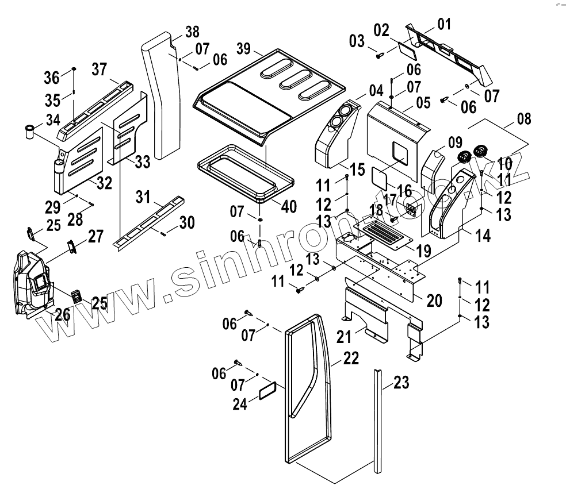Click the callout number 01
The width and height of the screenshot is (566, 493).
pyautogui.click(x=444, y=24)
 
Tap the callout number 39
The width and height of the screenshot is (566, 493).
pyautogui.click(x=244, y=49)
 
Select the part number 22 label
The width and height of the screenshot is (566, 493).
pyautogui.click(x=351, y=359)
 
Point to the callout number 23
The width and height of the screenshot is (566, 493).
pyautogui.click(x=401, y=382)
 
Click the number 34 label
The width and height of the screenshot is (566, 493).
pyautogui.click(x=52, y=121)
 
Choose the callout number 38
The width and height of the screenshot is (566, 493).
pyautogui.click(x=192, y=31)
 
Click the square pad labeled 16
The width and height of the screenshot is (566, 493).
pyautogui.click(x=377, y=176)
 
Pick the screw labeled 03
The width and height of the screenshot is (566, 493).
pyautogui.click(x=380, y=55)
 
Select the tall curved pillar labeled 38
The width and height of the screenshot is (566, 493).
pyautogui.click(x=158, y=92)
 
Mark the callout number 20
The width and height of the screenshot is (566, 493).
pyautogui.click(x=434, y=299)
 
